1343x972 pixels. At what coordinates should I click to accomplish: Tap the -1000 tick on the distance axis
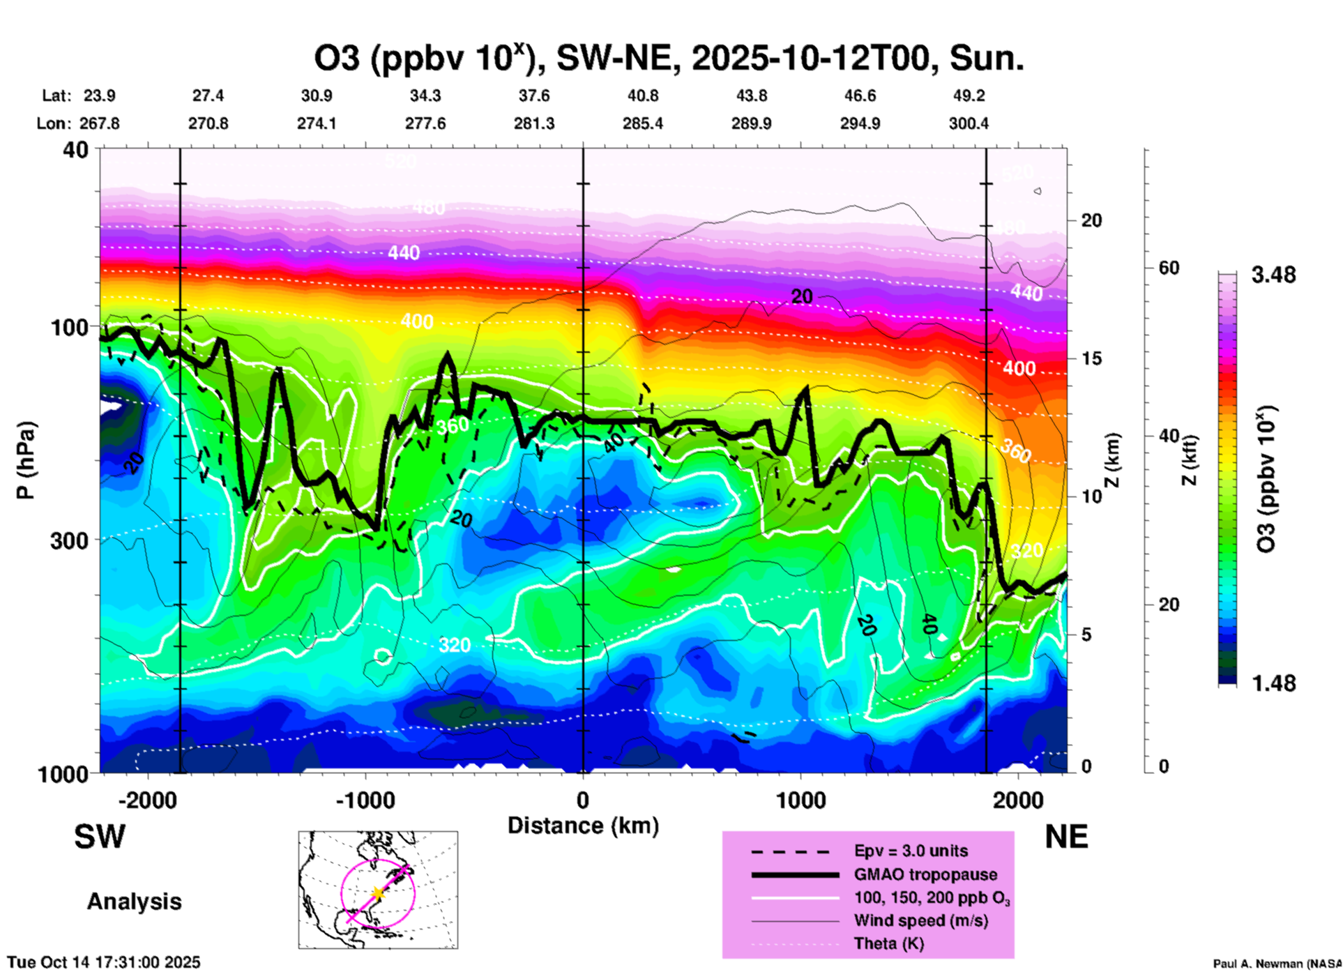pyautogui.click(x=365, y=800)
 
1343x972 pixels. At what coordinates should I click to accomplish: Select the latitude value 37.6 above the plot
pyautogui.click(x=534, y=96)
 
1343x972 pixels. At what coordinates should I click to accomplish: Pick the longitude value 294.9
pyautogui.click(x=860, y=123)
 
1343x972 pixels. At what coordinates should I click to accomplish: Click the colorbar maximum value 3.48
pyautogui.click(x=1273, y=275)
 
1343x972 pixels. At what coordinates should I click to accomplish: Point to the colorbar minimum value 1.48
pyautogui.click(x=1273, y=683)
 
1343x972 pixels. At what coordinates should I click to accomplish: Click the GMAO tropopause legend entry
pyautogui.click(x=925, y=874)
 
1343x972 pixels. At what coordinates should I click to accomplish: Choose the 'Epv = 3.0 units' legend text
pyautogui.click(x=911, y=851)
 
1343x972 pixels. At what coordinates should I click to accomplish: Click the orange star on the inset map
pyautogui.click(x=377, y=893)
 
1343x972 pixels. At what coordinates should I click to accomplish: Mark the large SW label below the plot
pyautogui.click(x=100, y=837)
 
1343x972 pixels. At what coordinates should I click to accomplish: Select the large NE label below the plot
pyautogui.click(x=1066, y=837)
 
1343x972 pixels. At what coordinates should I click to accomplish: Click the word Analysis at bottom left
pyautogui.click(x=134, y=902)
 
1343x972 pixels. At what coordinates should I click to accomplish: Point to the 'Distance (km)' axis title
pyautogui.click(x=583, y=826)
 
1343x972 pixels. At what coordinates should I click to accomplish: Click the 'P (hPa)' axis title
pyautogui.click(x=26, y=460)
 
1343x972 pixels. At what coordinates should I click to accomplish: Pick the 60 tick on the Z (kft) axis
pyautogui.click(x=1169, y=268)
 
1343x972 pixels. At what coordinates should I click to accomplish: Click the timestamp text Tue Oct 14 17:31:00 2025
pyautogui.click(x=104, y=962)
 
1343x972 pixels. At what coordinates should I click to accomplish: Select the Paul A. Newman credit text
pyautogui.click(x=1277, y=964)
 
